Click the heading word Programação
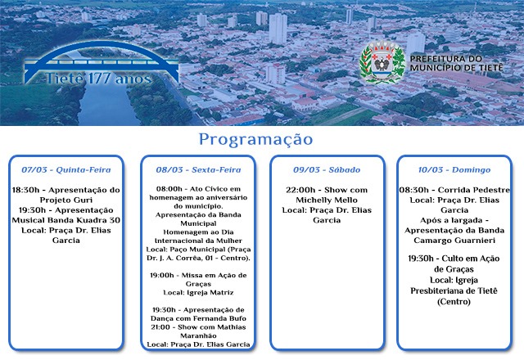click(x=255, y=139)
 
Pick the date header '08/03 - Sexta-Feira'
click(x=198, y=170)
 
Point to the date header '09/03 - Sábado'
click(x=327, y=170)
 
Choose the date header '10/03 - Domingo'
click(x=454, y=170)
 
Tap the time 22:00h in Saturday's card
click(x=300, y=190)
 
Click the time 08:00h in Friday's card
click(x=170, y=189)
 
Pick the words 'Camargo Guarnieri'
click(x=454, y=240)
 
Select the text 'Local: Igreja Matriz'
click(x=198, y=292)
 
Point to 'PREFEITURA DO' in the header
click(x=446, y=59)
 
